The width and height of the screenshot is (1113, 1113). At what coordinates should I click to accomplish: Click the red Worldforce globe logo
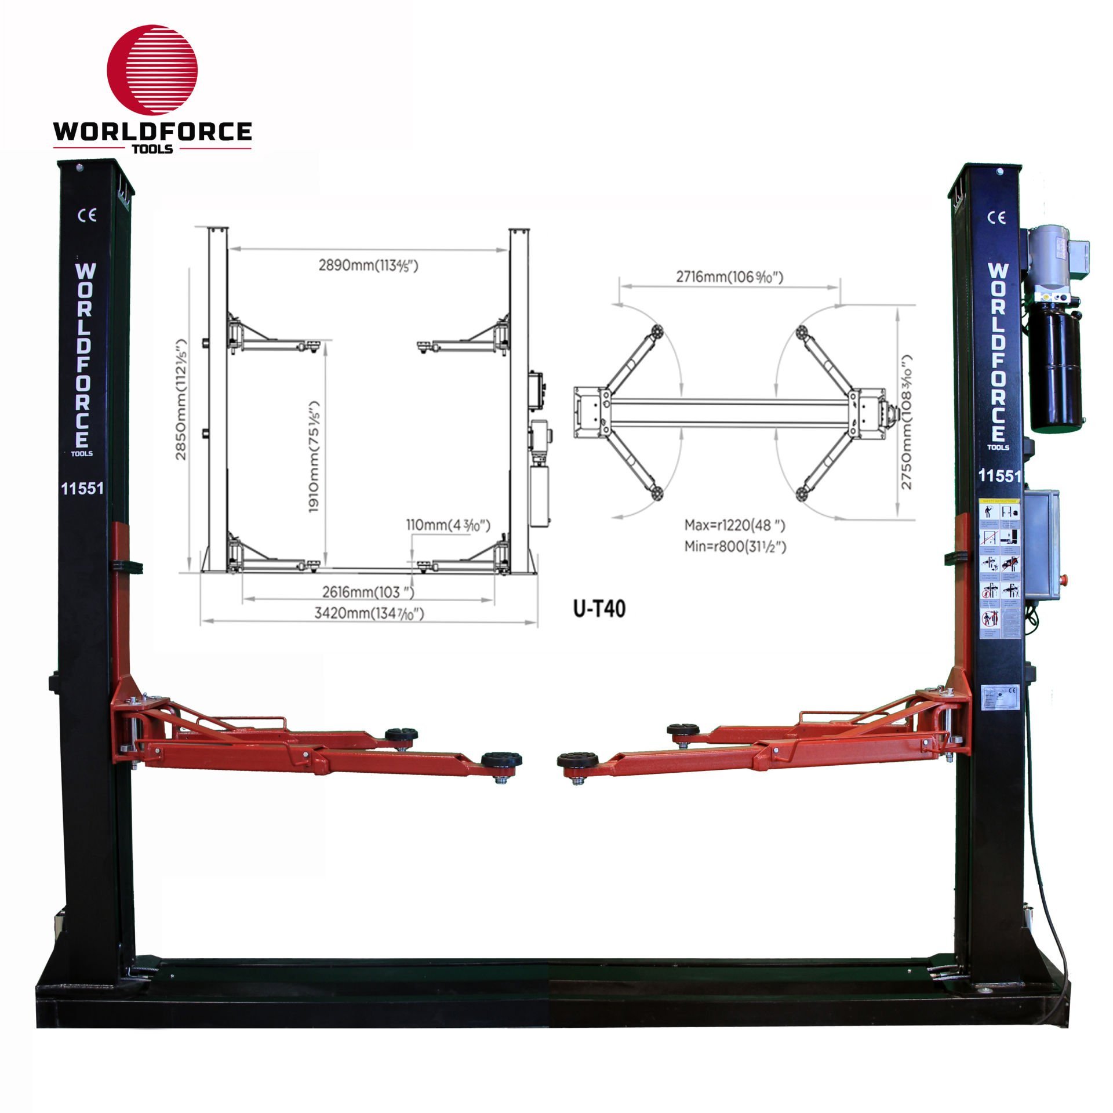pyautogui.click(x=152, y=69)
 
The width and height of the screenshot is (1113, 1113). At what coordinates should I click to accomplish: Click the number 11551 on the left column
pyautogui.click(x=82, y=488)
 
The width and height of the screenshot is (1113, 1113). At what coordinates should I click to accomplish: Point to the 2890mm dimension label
pyautogui.click(x=368, y=265)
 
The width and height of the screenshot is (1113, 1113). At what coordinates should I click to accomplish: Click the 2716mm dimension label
pyautogui.click(x=729, y=277)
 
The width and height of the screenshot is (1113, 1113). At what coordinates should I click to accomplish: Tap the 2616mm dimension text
pyautogui.click(x=368, y=592)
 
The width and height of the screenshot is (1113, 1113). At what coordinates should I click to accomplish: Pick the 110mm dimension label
pyautogui.click(x=448, y=525)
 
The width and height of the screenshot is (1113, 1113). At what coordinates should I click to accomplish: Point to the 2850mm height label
pyautogui.click(x=182, y=399)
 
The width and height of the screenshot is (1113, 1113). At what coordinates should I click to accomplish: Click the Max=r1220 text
pyautogui.click(x=734, y=526)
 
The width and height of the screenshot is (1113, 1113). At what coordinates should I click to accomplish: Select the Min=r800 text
pyautogui.click(x=735, y=546)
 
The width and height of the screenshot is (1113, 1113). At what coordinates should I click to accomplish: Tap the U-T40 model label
pyautogui.click(x=599, y=609)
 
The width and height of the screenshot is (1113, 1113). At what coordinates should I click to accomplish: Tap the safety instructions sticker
pyautogui.click(x=998, y=568)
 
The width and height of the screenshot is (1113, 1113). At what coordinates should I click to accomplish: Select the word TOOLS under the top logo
pyautogui.click(x=153, y=149)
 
